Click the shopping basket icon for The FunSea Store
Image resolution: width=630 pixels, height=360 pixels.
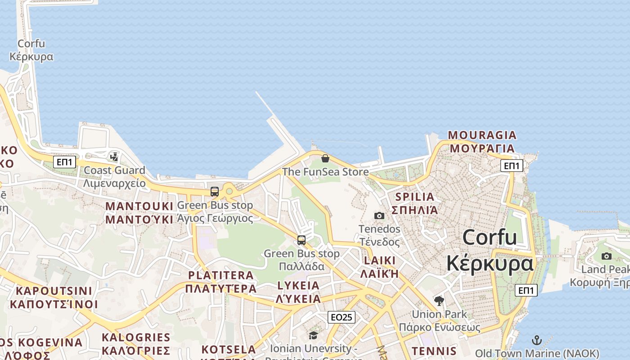pyautogui.click(x=325, y=158)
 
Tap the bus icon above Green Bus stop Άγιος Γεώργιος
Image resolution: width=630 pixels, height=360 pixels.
pyautogui.click(x=215, y=191)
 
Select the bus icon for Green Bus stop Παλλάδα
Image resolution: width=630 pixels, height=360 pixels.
pyautogui.click(x=301, y=240)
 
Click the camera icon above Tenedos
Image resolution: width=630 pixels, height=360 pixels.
pyautogui.click(x=379, y=216)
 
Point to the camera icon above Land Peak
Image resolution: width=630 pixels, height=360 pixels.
pyautogui.click(x=607, y=256)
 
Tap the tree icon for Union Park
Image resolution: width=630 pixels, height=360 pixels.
pyautogui.click(x=439, y=301)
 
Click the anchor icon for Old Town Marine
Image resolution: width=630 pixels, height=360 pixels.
pyautogui.click(x=536, y=340)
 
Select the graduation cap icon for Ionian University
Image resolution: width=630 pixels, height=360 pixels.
pyautogui.click(x=313, y=335)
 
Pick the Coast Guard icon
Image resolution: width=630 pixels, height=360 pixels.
pyautogui.click(x=114, y=157)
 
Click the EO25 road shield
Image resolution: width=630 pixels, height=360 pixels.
pyautogui.click(x=341, y=317)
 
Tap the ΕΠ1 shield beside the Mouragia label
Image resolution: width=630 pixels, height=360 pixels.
pyautogui.click(x=512, y=166)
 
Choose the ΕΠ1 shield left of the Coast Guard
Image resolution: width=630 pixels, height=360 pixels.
pyautogui.click(x=65, y=162)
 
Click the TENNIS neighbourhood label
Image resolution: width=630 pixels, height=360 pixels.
pyautogui.click(x=434, y=351)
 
